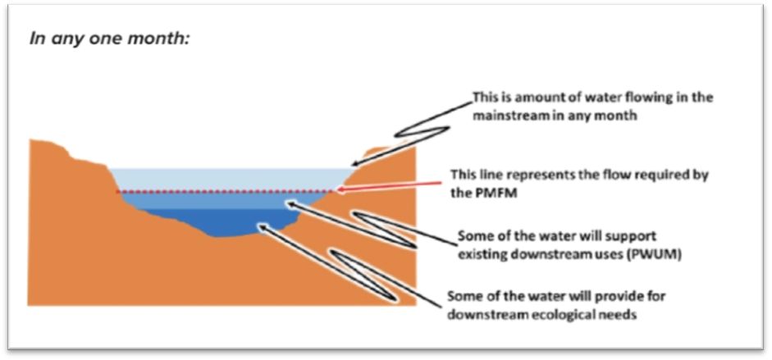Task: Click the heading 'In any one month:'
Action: pyautogui.click(x=109, y=39)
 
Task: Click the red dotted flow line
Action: pyautogui.click(x=226, y=191)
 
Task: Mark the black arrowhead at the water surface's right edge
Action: pyautogui.click(x=355, y=164)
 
